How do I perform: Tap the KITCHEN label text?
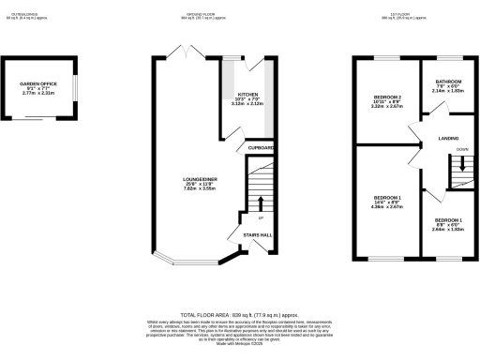pyautogui.click(x=247, y=95)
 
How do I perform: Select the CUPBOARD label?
pyautogui.click(x=260, y=148)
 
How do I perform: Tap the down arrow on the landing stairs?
pyautogui.click(x=461, y=162)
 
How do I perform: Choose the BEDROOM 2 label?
pyautogui.click(x=387, y=97)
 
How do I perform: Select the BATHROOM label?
pyautogui.click(x=448, y=82)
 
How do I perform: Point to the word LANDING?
pyautogui.click(x=448, y=139)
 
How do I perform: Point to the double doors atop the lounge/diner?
pyautogui.click(x=195, y=52)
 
